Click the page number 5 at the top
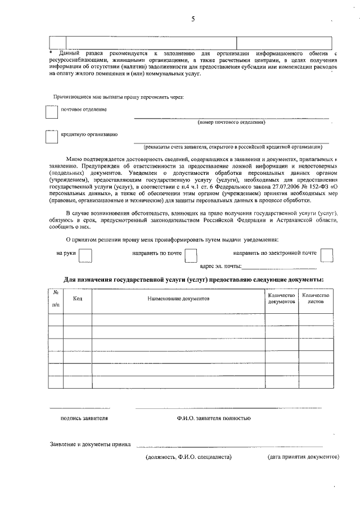coord(193,19)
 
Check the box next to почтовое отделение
coord(51,112)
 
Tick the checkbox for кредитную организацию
coord(51,137)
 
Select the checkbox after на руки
coord(85,256)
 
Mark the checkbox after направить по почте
coord(191,256)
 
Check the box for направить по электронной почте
coord(327,256)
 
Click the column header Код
coord(78,299)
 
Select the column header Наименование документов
coord(178,299)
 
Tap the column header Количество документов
coord(282,299)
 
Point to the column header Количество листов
coord(316,299)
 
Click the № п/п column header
coord(56,299)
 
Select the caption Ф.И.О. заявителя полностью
coord(214,418)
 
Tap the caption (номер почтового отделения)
coord(231,122)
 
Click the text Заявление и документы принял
coord(90,444)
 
